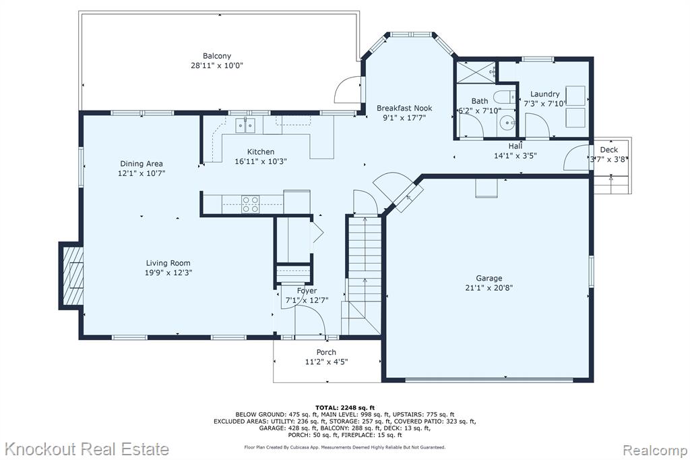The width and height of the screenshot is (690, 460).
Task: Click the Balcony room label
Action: coord(216,56)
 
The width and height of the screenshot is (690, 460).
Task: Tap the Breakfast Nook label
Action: coord(404,108)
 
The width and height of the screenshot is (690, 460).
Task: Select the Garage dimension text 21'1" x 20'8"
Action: coord(489,288)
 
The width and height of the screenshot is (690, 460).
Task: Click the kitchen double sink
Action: coord(245,125)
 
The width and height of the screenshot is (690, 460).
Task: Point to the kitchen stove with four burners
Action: coord(251,204)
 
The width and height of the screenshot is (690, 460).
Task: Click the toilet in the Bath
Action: coord(504,96)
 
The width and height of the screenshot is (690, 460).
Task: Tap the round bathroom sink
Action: coord(508,122)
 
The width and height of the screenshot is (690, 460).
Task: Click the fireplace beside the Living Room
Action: coord(70,275)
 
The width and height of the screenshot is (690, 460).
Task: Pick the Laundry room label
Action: coord(544,94)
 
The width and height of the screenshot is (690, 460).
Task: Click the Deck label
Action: coord(609,150)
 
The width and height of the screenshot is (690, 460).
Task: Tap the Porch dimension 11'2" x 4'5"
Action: coord(326,362)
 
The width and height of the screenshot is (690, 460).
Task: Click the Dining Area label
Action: coord(142,164)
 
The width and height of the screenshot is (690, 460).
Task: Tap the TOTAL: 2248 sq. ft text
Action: coord(344,407)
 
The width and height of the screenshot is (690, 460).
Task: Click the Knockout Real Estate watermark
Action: coord(87,449)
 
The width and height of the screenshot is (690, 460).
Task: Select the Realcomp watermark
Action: coord(655,450)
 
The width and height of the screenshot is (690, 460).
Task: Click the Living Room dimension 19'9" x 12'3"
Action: coord(168,272)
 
